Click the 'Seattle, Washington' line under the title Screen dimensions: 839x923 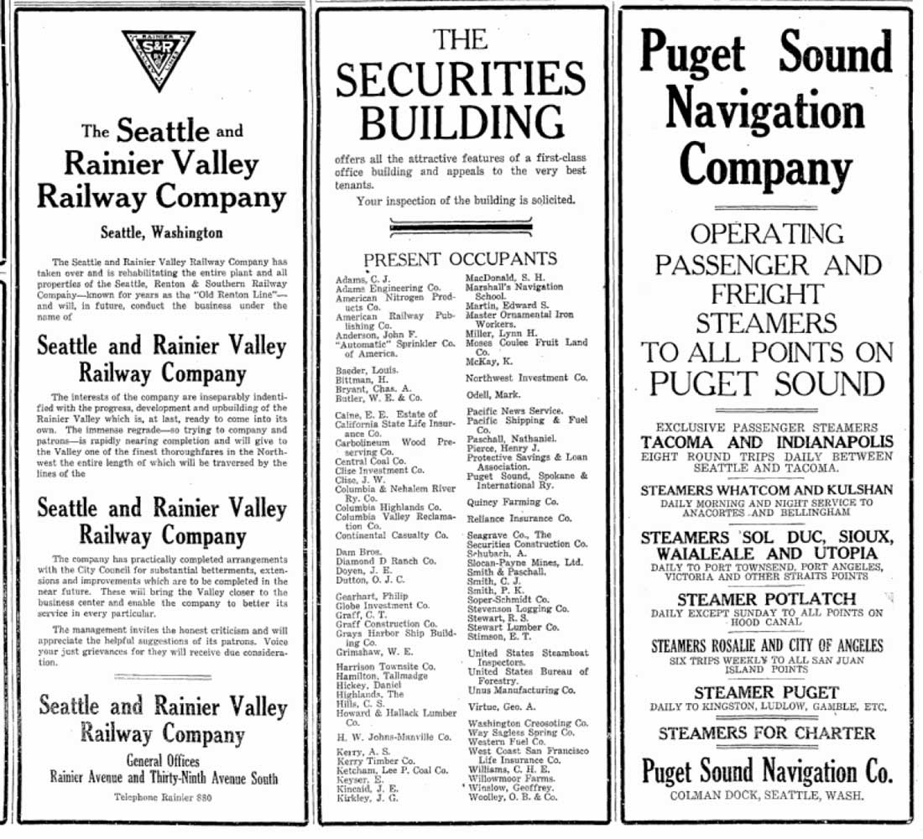pyautogui.click(x=161, y=232)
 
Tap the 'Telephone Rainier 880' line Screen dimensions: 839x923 pyautogui.click(x=161, y=796)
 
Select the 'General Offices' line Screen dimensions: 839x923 pyautogui.click(x=162, y=761)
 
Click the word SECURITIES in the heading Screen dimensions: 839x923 pyautogui.click(x=461, y=81)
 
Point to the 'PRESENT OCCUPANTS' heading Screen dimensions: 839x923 pyautogui.click(x=461, y=258)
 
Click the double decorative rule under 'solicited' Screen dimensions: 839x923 pyautogui.click(x=461, y=225)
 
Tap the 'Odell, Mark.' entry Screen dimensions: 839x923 pyautogui.click(x=495, y=394)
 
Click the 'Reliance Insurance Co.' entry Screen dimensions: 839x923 pyautogui.click(x=519, y=519)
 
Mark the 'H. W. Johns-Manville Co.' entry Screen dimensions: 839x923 pyautogui.click(x=394, y=737)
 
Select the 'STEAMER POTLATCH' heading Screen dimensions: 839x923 pyautogui.click(x=766, y=599)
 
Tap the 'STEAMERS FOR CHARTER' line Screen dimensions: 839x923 pyautogui.click(x=766, y=732)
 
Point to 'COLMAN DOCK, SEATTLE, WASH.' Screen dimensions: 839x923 pyautogui.click(x=766, y=795)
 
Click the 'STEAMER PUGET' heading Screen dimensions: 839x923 pyautogui.click(x=766, y=692)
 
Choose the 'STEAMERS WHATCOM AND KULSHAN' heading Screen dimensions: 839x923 pyautogui.click(x=766, y=490)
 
